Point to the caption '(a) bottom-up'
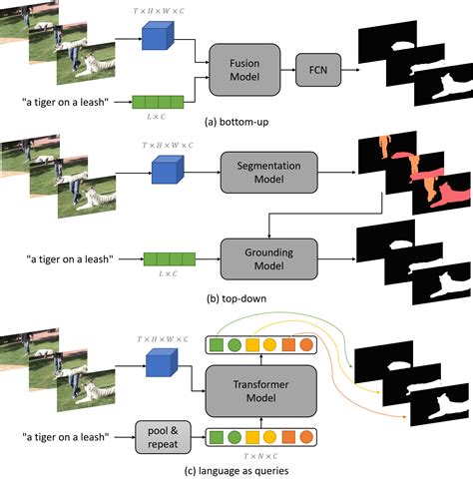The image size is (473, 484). tap(236, 120)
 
